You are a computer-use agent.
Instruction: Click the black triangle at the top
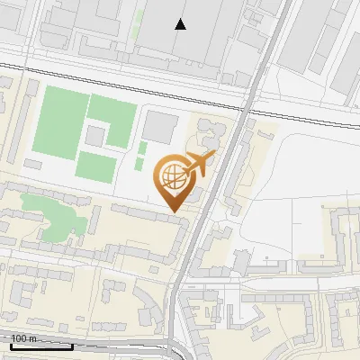click(181, 24)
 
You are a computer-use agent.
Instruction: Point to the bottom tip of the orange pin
click(174, 211)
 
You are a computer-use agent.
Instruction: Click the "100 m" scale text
click(23, 338)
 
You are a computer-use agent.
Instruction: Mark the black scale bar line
click(40, 346)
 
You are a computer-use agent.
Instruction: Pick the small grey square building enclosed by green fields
click(95, 137)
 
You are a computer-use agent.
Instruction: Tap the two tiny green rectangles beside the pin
click(142, 154)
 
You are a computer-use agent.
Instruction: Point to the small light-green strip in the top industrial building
click(137, 24)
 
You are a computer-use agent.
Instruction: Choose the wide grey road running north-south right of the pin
click(213, 198)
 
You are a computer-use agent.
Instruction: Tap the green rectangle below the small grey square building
click(94, 166)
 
